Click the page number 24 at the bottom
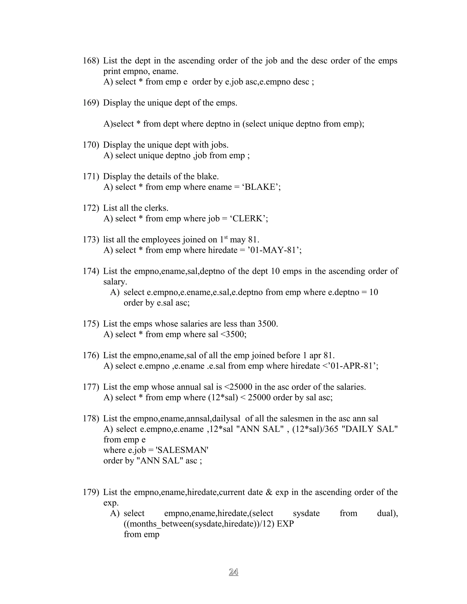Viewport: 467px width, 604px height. (x=233, y=572)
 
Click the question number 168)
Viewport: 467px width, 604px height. (x=91, y=61)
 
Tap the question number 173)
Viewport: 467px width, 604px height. (x=91, y=240)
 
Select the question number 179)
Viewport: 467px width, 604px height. (x=91, y=492)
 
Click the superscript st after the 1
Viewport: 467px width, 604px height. (x=226, y=237)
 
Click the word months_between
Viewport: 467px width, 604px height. (x=160, y=524)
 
